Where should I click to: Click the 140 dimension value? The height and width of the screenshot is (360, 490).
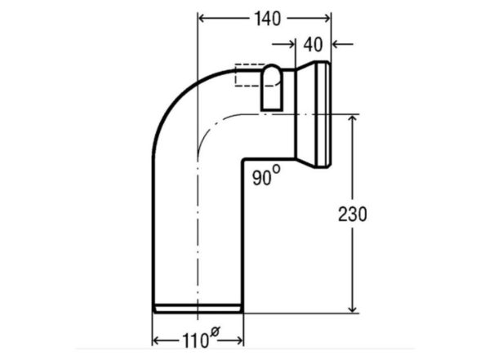tap(268, 19)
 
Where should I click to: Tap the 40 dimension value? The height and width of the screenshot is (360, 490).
tap(313, 45)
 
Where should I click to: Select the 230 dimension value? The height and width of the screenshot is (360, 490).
tap(353, 215)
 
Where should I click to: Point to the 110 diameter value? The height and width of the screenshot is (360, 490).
tap(195, 340)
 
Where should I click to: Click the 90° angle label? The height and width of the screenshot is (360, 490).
tap(266, 176)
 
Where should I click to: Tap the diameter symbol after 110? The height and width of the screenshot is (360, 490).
tap(216, 331)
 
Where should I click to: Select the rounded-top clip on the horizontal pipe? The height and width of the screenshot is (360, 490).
tap(272, 87)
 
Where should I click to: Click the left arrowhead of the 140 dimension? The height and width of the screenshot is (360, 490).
tap(203, 19)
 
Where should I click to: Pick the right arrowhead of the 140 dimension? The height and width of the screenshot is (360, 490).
tap(327, 19)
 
